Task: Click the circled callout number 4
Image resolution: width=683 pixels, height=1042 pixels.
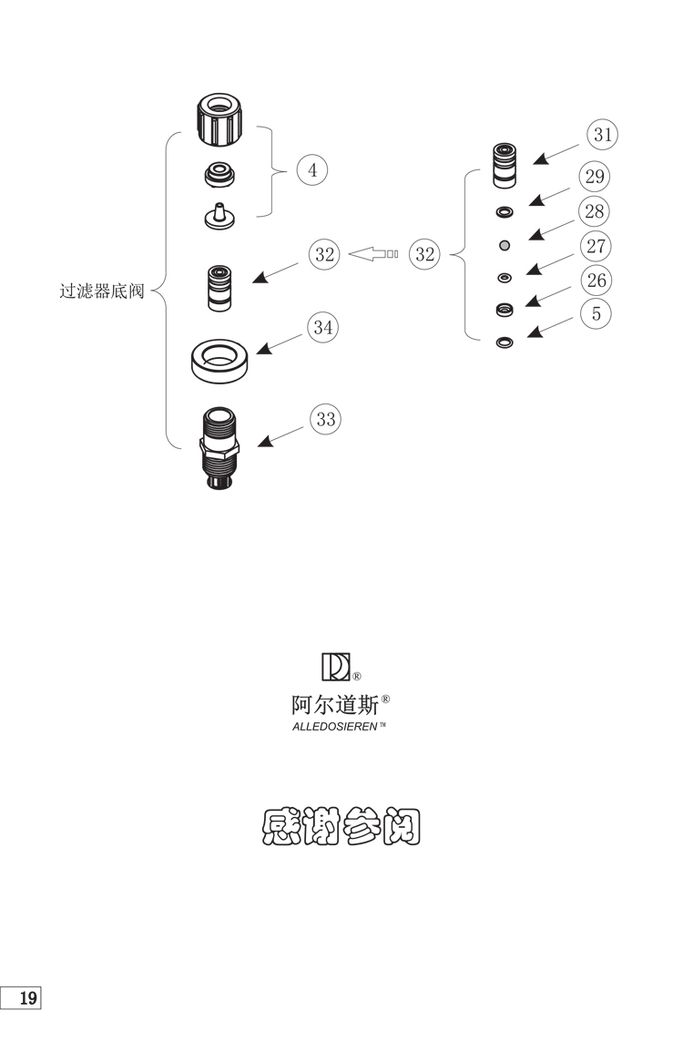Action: tap(312, 170)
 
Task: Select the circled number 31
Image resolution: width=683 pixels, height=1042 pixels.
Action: tap(602, 136)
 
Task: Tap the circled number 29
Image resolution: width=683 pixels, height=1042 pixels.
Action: tap(596, 176)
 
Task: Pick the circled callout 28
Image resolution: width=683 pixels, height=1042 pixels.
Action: tap(595, 211)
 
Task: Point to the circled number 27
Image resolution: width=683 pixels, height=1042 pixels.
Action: tap(596, 246)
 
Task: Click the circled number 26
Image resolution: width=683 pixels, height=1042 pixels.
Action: tap(596, 280)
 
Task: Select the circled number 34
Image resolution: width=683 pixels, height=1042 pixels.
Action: tap(322, 327)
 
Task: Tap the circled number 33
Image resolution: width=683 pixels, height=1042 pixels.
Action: tap(325, 419)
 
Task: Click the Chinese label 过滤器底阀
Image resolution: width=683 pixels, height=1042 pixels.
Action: tap(102, 293)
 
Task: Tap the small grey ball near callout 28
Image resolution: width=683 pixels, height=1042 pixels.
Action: tap(504, 245)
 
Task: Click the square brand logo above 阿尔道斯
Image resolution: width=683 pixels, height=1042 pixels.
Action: tap(335, 667)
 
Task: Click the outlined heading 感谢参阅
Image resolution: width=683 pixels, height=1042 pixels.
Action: tap(341, 827)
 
